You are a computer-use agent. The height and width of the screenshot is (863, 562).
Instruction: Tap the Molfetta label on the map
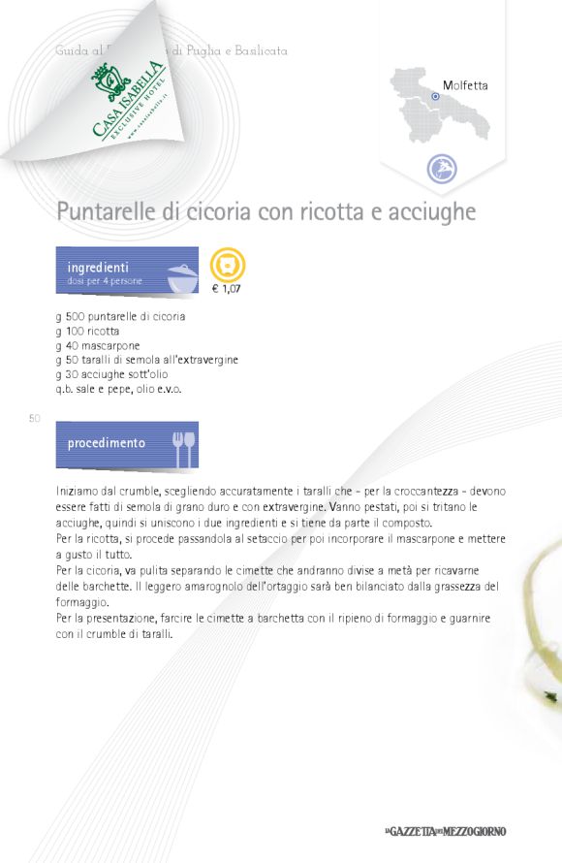pyautogui.click(x=465, y=85)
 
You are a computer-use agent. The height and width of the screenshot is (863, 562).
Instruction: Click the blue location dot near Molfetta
pyautogui.click(x=435, y=97)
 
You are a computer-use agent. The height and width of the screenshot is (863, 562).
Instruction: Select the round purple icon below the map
pyautogui.click(x=442, y=169)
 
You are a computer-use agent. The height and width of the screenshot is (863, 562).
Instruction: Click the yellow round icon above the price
pyautogui.click(x=228, y=264)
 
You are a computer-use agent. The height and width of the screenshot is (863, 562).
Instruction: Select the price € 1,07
pyautogui.click(x=227, y=289)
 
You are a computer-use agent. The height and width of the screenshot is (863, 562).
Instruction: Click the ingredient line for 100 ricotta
pyautogui.click(x=88, y=331)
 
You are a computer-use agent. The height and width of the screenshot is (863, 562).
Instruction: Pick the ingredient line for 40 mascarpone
pyautogui.click(x=98, y=345)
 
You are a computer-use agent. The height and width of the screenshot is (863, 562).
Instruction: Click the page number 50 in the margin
pyautogui.click(x=34, y=418)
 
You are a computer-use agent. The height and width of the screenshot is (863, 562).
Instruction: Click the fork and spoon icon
pyautogui.click(x=183, y=446)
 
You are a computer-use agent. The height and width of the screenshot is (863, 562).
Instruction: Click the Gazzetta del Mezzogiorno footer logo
pyautogui.click(x=445, y=832)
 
